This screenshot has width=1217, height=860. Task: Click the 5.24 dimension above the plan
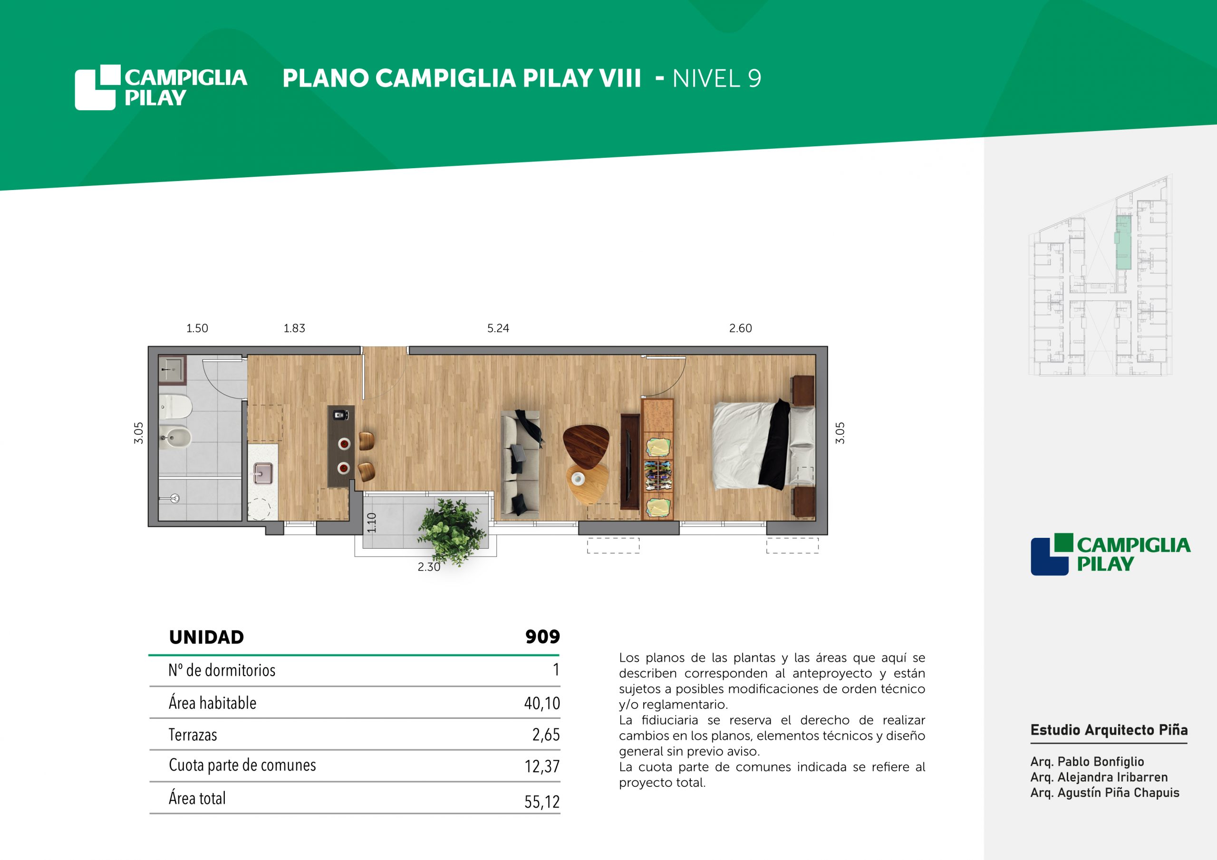pos(498,328)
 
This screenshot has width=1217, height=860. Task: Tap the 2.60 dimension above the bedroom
pos(740,328)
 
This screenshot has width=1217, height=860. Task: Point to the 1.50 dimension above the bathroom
pos(197,328)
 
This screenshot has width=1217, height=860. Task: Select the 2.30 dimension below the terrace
pos(429,567)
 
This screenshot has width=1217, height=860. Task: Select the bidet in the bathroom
pos(175,438)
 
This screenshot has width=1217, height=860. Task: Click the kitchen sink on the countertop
pos(263,473)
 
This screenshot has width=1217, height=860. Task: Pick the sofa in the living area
pos(521,462)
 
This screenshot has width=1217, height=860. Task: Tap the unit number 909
pos(542,637)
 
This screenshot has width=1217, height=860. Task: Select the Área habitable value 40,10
pos(542,703)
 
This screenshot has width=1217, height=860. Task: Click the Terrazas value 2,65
pos(546,735)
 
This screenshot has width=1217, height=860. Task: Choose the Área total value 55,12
pos(542,802)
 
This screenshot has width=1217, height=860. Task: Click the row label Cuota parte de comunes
pos(242,765)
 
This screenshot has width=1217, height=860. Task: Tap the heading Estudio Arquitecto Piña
pos(1109,730)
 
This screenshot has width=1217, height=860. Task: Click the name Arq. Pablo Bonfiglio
pos(1087,762)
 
